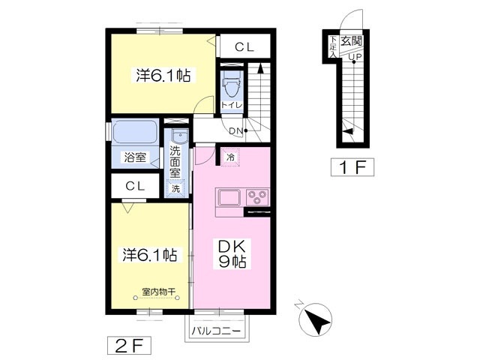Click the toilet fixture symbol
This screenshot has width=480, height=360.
point(232,87)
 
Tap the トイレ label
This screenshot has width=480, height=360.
point(232,105)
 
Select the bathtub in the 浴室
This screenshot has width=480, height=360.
point(134,132)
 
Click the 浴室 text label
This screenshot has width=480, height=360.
point(135,157)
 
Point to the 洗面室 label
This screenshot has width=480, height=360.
point(175,162)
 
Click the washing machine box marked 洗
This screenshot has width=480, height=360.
point(175,188)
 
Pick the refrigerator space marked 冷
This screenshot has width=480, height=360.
point(230,157)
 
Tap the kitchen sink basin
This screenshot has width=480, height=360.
point(229,197)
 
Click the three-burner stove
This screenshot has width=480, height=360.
point(257,196)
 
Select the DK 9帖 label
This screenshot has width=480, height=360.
point(232,253)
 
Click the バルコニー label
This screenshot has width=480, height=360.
point(217,331)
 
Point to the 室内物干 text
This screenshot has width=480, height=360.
point(158,292)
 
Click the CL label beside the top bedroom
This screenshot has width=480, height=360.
point(244,46)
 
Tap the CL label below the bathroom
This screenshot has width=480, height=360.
point(135,186)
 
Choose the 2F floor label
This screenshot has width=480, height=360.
point(129,346)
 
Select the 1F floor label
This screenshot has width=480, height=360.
point(352,167)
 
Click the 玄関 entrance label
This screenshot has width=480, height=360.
point(352,41)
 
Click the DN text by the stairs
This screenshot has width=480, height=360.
point(236,131)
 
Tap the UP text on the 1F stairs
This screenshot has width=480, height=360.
point(355,57)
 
